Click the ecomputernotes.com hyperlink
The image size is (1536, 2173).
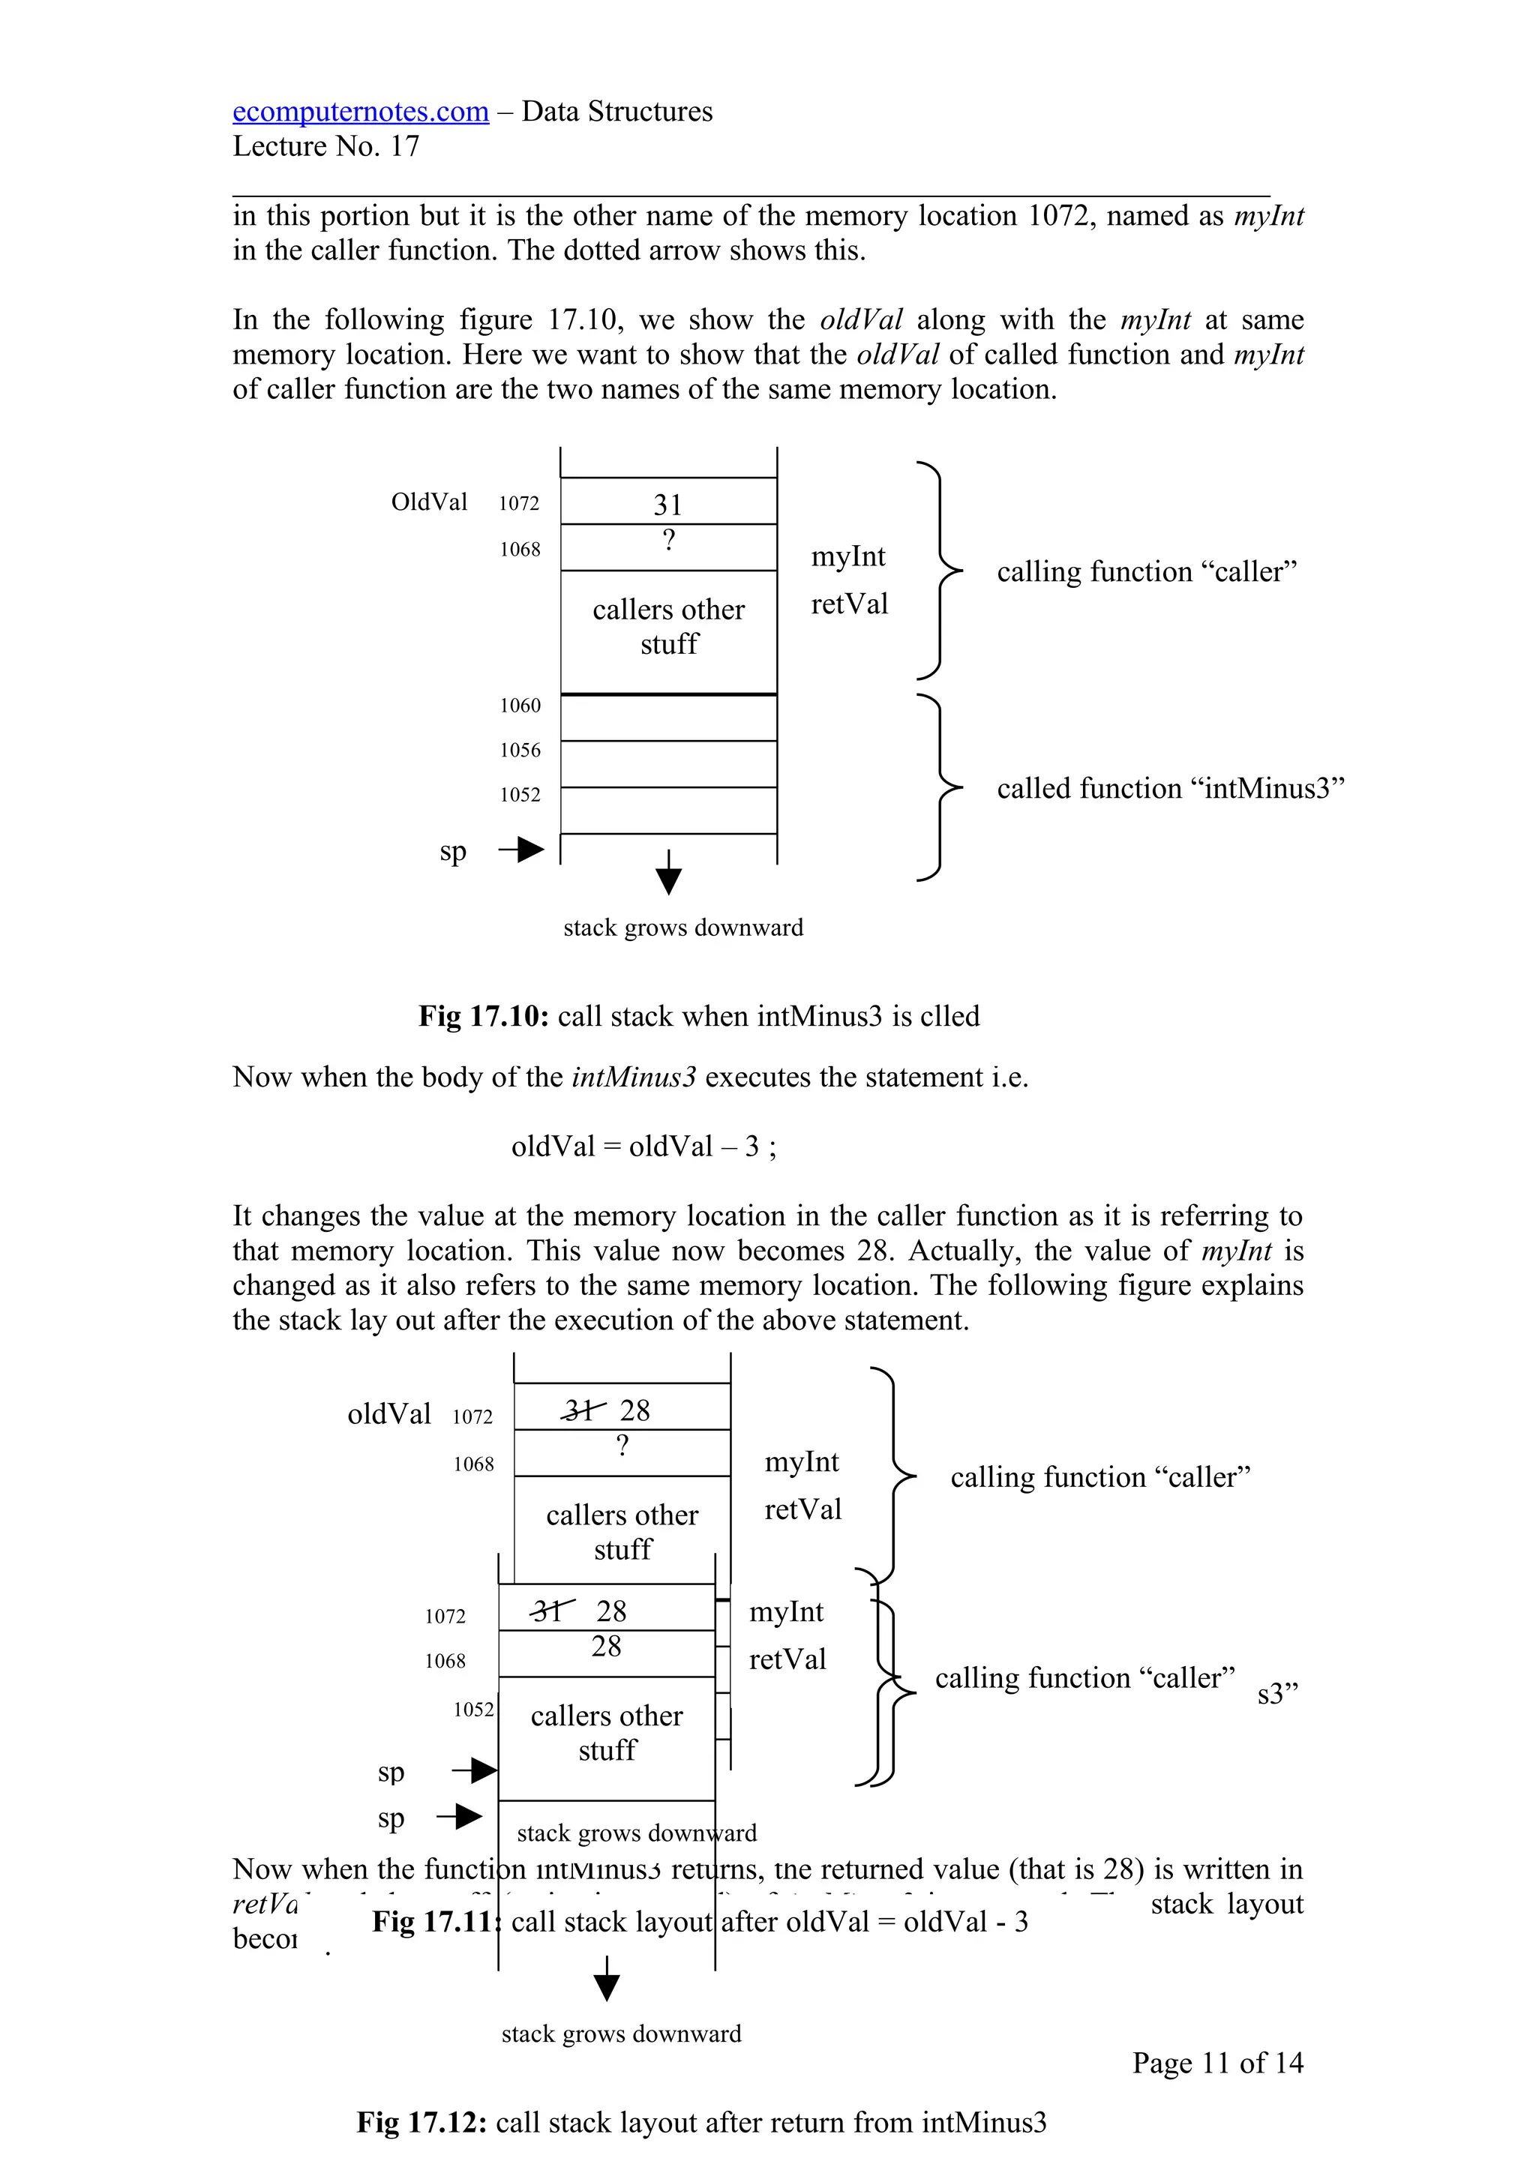[x=361, y=112]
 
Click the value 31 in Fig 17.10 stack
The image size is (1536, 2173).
[x=667, y=505]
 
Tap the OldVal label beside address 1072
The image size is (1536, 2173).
[x=429, y=502]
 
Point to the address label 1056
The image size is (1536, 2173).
[x=520, y=751]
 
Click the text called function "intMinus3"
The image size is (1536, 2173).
[x=1170, y=788]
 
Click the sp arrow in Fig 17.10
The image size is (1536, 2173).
[x=521, y=850]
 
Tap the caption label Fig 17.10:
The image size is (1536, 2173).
[x=484, y=1017]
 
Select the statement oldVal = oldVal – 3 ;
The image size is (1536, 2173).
[x=643, y=1146]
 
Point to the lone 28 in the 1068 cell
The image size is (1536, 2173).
[x=607, y=1647]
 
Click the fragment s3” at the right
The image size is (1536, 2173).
[x=1278, y=1694]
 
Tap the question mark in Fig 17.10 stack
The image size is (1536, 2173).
[x=668, y=541]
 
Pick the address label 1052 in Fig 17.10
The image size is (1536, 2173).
[x=520, y=795]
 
